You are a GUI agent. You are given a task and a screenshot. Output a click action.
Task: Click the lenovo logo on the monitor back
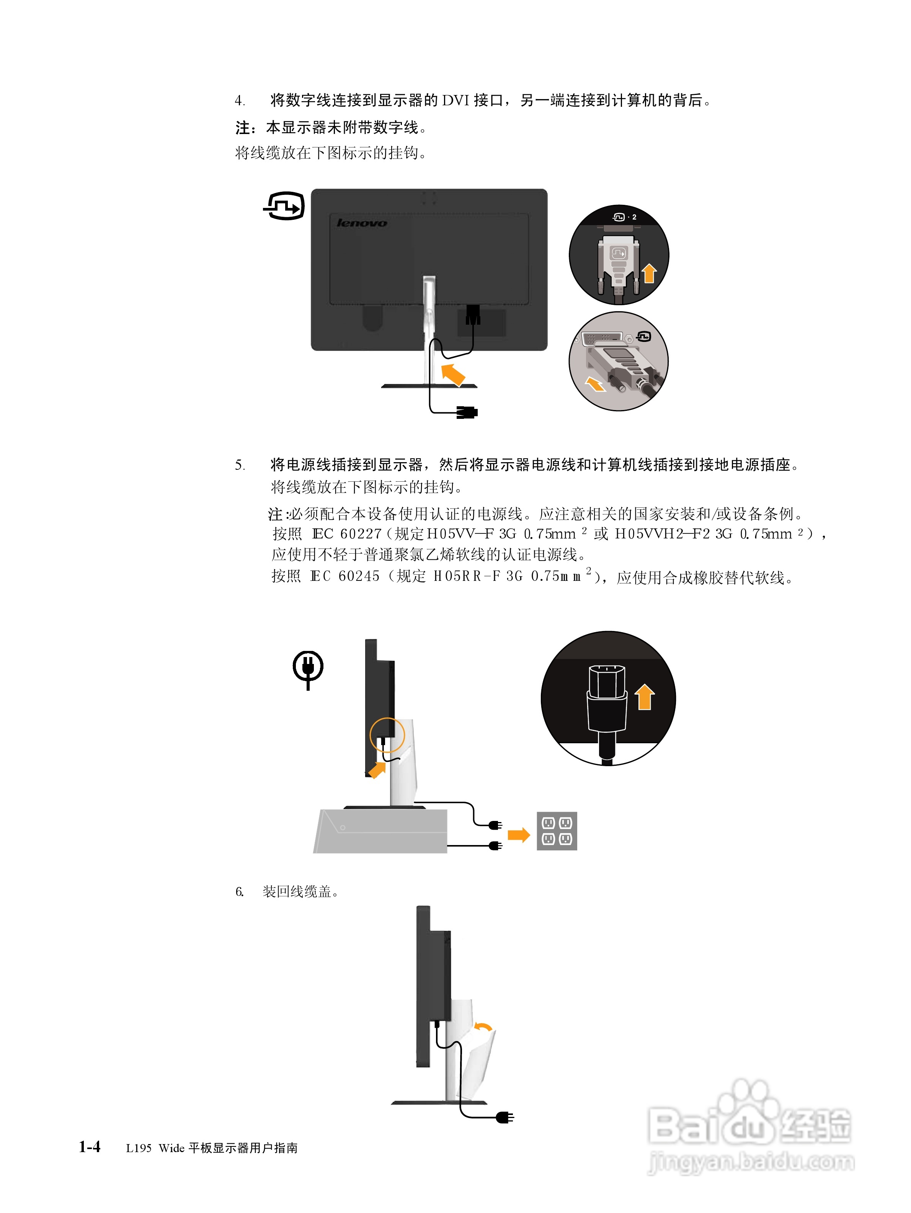361,222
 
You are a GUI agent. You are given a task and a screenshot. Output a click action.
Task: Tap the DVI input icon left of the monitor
284,206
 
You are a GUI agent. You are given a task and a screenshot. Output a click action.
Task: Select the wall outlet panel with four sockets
556,831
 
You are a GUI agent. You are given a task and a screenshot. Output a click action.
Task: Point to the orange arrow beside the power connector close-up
645,697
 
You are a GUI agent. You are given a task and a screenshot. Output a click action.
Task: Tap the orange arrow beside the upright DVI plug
649,273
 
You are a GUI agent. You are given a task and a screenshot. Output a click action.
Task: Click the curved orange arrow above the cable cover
483,1027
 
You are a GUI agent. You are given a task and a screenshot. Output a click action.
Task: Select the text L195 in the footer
138,1148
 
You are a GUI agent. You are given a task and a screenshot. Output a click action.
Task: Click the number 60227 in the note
360,534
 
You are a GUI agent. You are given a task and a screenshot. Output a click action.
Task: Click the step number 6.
240,892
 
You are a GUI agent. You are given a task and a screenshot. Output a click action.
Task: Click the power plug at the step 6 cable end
505,1117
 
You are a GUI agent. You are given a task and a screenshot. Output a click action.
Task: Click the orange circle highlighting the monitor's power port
387,735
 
